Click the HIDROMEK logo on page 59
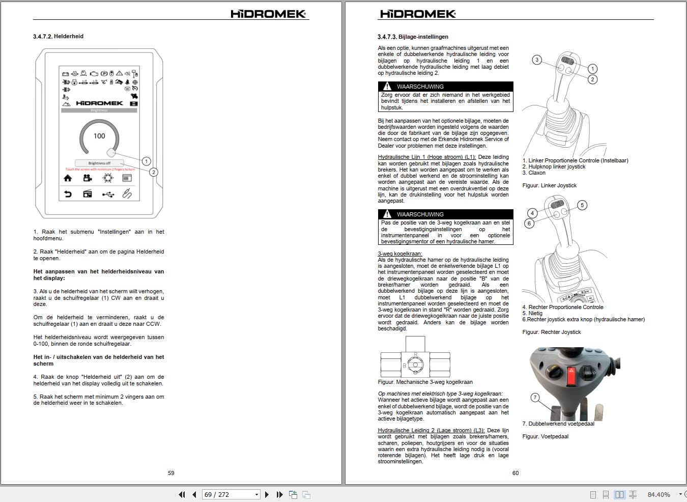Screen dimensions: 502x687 click(268, 14)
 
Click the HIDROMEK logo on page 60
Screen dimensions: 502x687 click(418, 14)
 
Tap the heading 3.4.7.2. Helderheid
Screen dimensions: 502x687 click(58, 37)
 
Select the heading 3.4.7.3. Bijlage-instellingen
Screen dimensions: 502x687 click(413, 37)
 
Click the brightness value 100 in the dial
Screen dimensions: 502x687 click(99, 136)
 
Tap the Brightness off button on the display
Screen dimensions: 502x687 click(99, 163)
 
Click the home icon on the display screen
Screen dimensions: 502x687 click(68, 178)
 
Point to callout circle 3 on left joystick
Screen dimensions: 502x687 click(536, 60)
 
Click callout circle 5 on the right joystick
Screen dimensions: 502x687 click(582, 205)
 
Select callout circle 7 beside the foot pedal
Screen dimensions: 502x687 click(535, 397)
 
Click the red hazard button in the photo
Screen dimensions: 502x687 click(571, 377)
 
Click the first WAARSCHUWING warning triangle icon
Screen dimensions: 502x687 click(387, 87)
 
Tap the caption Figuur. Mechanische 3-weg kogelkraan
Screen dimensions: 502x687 click(425, 382)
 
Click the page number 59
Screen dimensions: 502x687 click(171, 473)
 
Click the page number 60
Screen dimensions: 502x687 click(516, 473)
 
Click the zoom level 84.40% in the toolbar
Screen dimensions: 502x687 click(659, 494)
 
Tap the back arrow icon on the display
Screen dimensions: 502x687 click(68, 194)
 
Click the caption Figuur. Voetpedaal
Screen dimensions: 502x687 click(545, 436)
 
